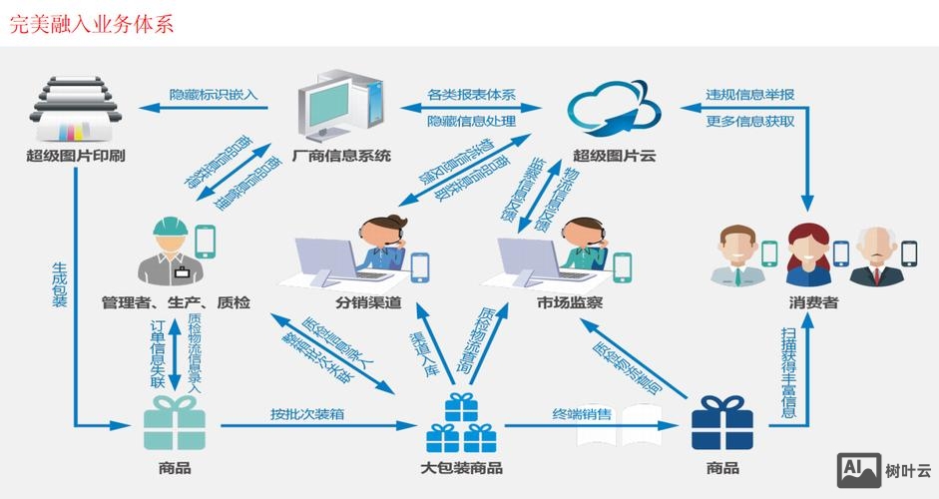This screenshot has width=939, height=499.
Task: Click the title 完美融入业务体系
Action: (91, 23)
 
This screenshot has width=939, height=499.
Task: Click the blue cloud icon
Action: (615, 108)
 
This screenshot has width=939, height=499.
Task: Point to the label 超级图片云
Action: (615, 156)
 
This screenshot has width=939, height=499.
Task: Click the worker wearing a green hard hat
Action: (175, 252)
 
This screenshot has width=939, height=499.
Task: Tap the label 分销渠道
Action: (368, 301)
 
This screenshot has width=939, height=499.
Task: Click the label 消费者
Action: (813, 301)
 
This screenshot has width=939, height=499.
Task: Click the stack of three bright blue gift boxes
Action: (461, 425)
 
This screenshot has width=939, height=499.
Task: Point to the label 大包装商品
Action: (461, 468)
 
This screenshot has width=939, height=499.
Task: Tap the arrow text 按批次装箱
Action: (310, 413)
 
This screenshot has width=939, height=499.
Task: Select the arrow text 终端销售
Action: (583, 413)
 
